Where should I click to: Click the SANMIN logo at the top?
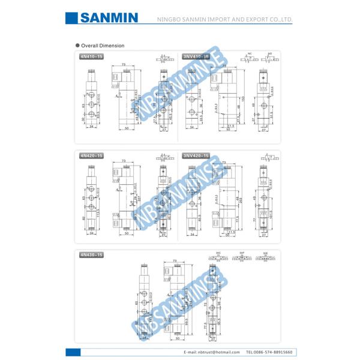point(109,19)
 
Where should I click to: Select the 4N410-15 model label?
point(91,56)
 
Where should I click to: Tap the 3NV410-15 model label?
point(196,56)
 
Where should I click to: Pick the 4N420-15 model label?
point(91,155)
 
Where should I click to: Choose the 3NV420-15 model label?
point(196,155)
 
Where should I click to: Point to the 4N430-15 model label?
point(91,255)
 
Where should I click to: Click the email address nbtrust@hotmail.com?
point(208,352)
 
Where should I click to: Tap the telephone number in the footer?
point(269,352)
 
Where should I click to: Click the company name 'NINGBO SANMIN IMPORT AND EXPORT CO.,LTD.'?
point(224,20)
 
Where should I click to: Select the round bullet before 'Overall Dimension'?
point(77,46)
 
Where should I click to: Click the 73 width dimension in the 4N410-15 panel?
point(123,64)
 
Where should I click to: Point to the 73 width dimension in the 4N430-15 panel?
point(174,261)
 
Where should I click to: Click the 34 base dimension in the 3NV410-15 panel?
point(192,127)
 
